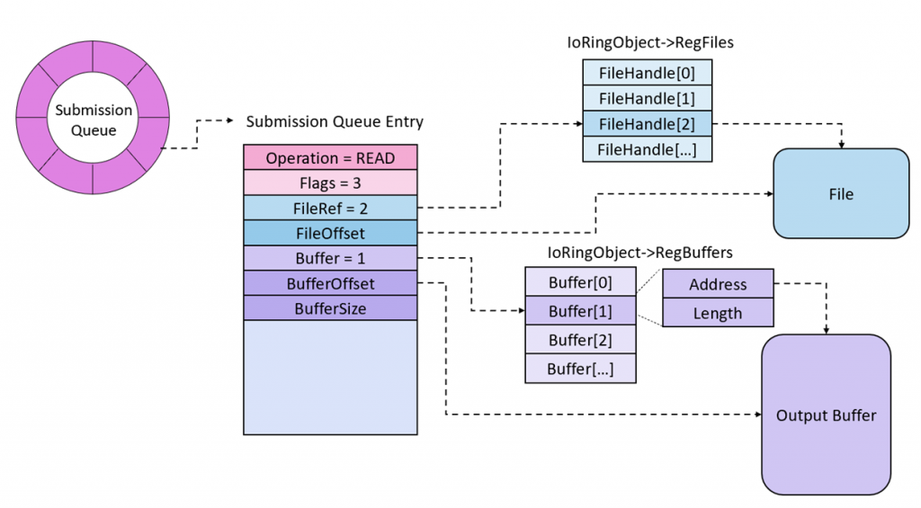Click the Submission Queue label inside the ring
click(94, 120)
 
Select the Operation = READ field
click(330, 157)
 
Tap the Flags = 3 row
click(330, 183)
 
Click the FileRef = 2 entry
click(330, 208)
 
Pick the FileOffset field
click(330, 233)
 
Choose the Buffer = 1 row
click(330, 258)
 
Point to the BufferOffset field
click(330, 283)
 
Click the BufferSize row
click(330, 308)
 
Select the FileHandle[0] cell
click(648, 73)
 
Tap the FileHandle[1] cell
click(648, 98)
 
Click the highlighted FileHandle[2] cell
click(648, 123)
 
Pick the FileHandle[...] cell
click(648, 148)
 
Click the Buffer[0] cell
click(580, 282)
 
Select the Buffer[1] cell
click(580, 311)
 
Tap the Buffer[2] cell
click(580, 340)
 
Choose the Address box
click(718, 284)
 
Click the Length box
click(718, 313)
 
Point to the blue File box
click(841, 193)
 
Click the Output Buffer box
click(826, 414)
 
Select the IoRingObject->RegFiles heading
click(647, 41)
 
